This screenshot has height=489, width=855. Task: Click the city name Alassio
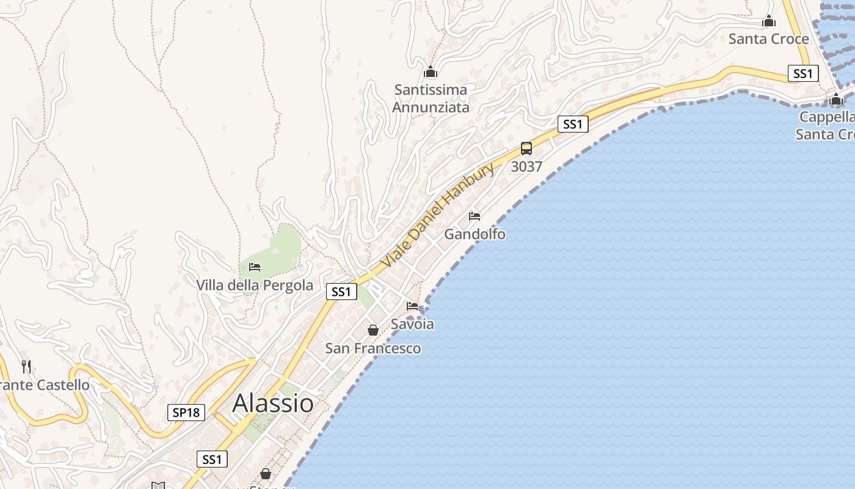tap(273, 403)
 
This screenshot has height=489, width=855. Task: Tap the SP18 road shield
tap(186, 413)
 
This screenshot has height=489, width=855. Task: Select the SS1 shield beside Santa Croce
tap(803, 74)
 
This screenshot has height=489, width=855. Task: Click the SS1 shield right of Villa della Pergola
tap(341, 292)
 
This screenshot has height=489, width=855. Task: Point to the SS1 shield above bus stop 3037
tap(572, 125)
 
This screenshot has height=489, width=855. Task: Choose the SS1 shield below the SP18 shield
tap(212, 460)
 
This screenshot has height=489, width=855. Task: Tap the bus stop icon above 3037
tap(526, 149)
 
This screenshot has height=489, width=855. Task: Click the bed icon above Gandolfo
tap(475, 216)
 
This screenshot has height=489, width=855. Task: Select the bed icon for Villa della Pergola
tap(255, 267)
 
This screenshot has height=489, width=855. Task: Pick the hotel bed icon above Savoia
tap(412, 306)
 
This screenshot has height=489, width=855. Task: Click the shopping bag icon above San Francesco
tap(373, 330)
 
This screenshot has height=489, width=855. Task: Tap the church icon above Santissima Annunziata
tap(431, 72)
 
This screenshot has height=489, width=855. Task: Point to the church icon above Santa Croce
tap(769, 21)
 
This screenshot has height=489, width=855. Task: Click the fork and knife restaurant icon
tap(26, 366)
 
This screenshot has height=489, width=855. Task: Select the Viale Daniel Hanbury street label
tap(437, 215)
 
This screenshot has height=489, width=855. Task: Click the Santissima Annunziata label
tap(431, 98)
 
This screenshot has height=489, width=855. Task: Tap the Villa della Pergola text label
tap(255, 285)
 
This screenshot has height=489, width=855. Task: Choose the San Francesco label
tap(373, 348)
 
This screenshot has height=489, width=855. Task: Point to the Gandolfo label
tap(475, 234)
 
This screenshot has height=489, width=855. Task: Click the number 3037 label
tap(526, 166)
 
